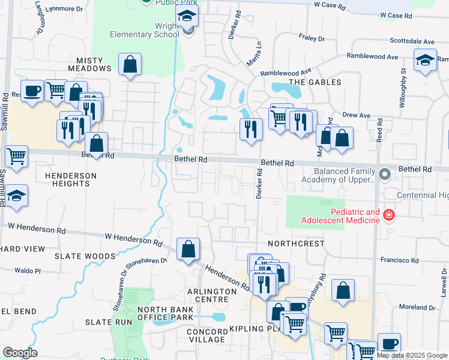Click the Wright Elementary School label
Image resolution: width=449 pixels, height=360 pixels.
pyautogui.click(x=144, y=30)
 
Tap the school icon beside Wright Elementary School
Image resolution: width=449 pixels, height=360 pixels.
pyautogui.click(x=188, y=17)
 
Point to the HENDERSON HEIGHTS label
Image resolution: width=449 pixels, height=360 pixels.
pyautogui.click(x=70, y=179)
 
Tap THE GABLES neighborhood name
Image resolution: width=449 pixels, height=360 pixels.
pyautogui.click(x=315, y=82)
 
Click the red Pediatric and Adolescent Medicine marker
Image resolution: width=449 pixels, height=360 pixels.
pyautogui.click(x=389, y=215)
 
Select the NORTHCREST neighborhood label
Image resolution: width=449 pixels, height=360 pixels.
pyautogui.click(x=296, y=244)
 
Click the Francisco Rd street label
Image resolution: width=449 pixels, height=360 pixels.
pyautogui.click(x=399, y=260)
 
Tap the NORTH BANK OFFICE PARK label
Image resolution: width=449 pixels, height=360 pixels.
pyautogui.click(x=165, y=313)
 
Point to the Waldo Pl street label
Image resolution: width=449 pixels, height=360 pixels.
pyautogui.click(x=28, y=271)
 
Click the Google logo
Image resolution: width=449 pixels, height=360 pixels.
pyautogui.click(x=20, y=353)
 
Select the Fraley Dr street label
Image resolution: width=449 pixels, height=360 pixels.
pyautogui.click(x=312, y=37)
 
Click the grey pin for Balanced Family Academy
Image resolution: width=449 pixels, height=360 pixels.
pyautogui.click(x=385, y=175)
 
